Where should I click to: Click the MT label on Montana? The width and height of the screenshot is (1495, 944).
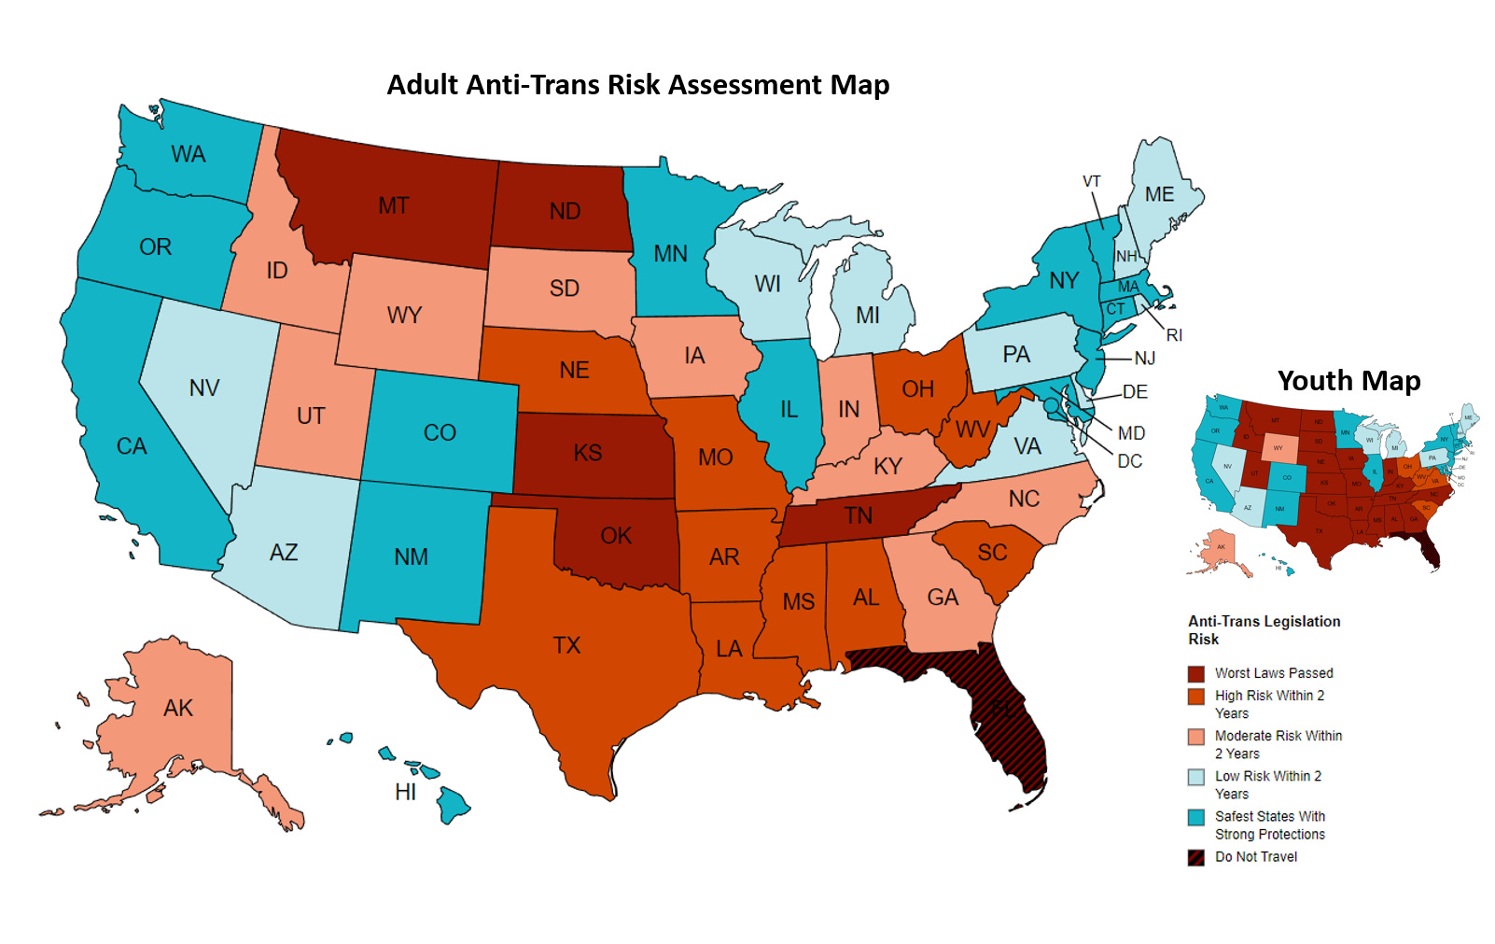tap(393, 205)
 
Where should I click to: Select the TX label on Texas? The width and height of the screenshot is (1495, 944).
tap(566, 645)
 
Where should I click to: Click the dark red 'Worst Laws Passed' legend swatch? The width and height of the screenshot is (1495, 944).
tap(1195, 673)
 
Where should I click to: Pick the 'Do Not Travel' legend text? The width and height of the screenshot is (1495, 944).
tap(1255, 857)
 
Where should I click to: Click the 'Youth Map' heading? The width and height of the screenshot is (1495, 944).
tap(1348, 381)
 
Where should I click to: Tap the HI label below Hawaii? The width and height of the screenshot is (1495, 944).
tap(405, 793)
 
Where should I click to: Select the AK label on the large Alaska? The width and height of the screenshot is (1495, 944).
tap(178, 708)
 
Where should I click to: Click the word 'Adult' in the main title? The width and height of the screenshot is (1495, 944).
tap(421, 85)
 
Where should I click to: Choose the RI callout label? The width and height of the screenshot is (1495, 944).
tap(1174, 335)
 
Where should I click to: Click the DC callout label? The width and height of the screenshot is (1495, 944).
tap(1129, 461)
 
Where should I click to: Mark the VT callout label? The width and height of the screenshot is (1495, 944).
tap(1091, 181)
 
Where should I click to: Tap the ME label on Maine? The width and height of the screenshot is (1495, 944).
tap(1159, 194)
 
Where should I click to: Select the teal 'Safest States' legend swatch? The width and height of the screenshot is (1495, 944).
tap(1195, 817)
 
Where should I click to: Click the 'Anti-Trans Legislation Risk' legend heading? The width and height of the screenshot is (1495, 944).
tap(1263, 630)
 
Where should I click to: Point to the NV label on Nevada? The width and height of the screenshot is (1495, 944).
tap(203, 387)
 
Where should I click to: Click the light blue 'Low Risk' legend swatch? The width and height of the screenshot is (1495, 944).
tap(1195, 777)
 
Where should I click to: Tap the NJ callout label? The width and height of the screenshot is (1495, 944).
tap(1144, 359)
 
